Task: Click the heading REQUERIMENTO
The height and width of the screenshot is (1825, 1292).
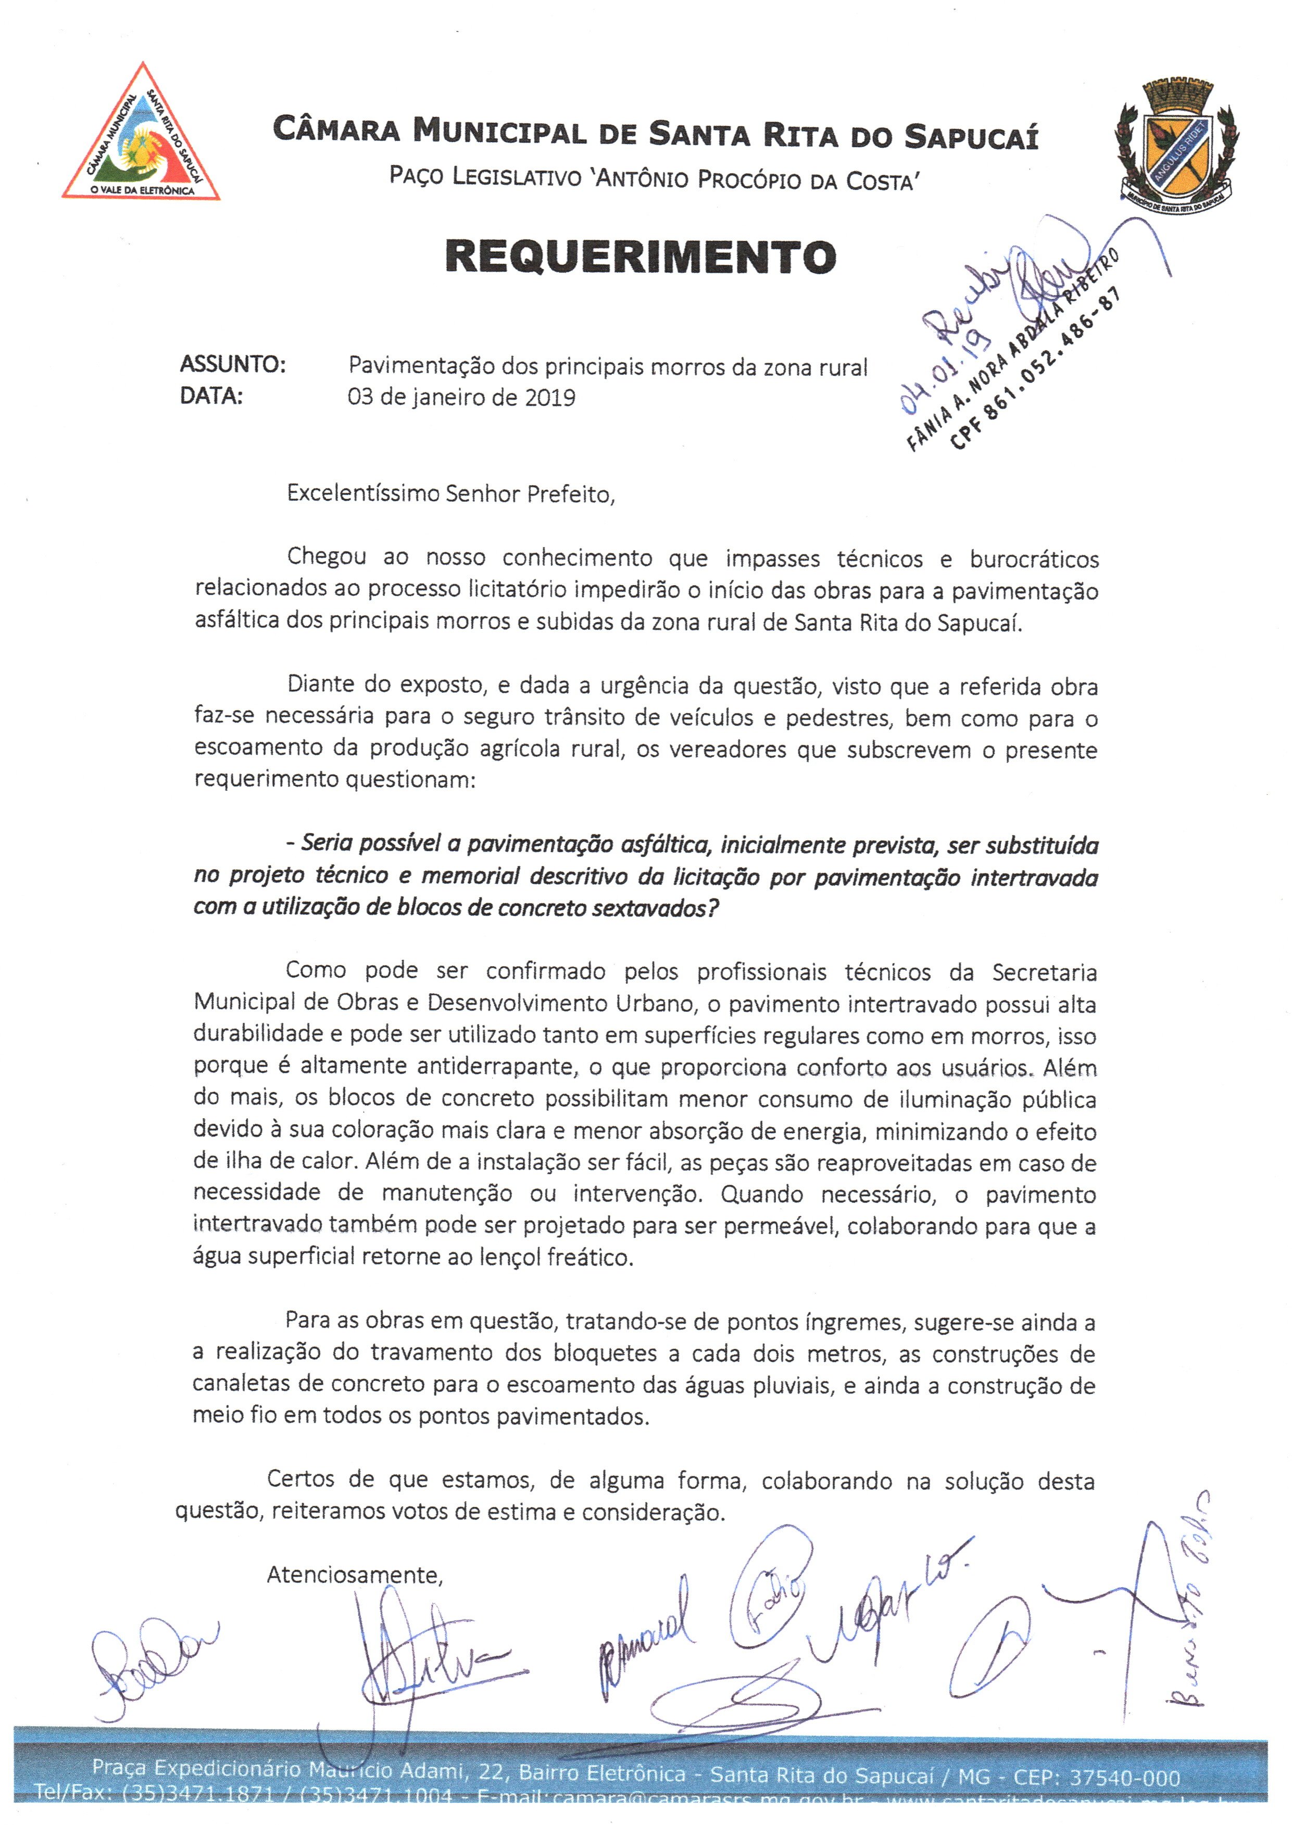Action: point(641,257)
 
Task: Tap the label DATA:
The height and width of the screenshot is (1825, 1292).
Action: point(211,396)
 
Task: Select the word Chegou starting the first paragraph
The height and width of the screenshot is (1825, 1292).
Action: point(326,557)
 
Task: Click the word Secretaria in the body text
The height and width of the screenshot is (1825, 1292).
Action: point(1044,972)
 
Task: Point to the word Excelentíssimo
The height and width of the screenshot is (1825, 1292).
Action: point(363,494)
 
